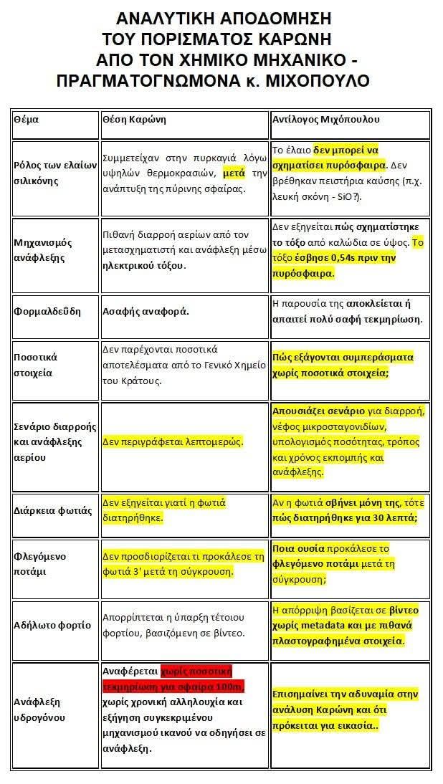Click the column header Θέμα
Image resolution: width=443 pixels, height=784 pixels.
[26, 120]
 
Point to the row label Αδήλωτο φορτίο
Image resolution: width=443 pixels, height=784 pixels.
[52, 625]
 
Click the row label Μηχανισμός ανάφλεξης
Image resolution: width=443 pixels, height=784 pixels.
[44, 249]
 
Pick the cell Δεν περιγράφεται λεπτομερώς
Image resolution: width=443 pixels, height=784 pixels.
[173, 442]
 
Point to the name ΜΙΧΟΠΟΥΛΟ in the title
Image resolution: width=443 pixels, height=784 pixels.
[316, 80]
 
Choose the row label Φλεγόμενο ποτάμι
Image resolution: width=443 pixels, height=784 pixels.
[42, 564]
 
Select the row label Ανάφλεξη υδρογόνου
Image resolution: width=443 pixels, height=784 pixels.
[41, 709]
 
